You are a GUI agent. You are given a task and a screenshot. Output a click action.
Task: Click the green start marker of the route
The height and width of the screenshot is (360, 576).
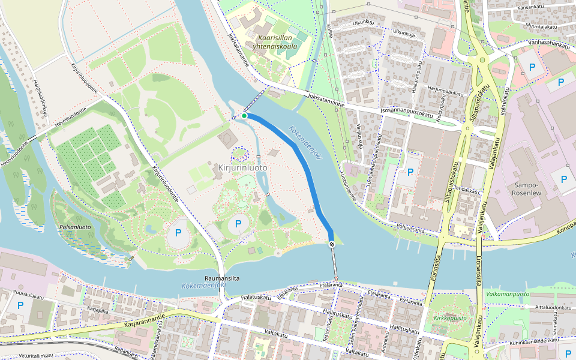[244, 116]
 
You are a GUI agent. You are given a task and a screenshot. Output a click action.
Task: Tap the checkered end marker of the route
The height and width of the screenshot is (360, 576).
[332, 244]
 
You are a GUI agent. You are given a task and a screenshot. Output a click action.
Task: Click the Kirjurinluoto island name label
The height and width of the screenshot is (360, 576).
[242, 168]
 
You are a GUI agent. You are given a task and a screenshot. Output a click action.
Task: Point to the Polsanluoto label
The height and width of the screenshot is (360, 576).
[76, 227]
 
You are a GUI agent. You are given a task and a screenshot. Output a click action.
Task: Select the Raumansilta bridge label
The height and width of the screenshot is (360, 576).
[222, 278]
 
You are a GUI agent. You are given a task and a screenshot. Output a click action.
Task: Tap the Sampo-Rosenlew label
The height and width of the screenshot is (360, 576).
[529, 190]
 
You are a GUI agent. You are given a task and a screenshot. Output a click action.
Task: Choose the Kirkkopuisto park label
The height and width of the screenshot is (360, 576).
[451, 318]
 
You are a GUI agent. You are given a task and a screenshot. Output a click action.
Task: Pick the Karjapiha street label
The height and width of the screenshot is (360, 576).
[98, 311]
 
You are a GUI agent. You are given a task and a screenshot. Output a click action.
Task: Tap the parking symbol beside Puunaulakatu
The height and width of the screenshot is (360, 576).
[20, 305]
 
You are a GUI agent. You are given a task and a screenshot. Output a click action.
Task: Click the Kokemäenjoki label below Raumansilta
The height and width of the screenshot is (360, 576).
[202, 287]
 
